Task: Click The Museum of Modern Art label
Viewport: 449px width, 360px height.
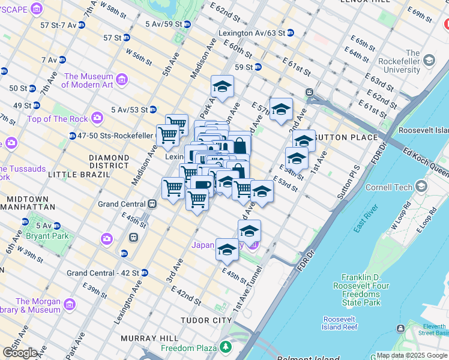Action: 89,80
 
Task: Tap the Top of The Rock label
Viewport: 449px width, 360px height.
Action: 58,119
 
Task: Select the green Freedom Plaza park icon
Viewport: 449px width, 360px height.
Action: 225,347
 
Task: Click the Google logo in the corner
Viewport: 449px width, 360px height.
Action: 20,353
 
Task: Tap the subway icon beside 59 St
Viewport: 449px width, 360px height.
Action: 258,67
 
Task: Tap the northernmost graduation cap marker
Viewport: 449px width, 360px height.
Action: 222,87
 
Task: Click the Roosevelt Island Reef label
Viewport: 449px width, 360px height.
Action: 340,323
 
